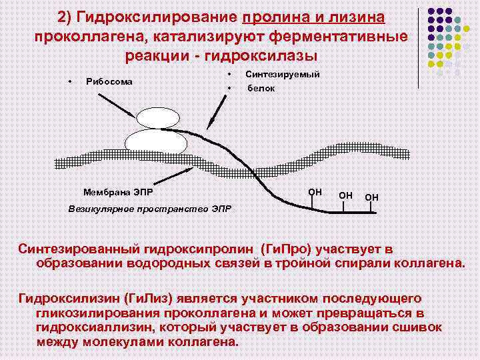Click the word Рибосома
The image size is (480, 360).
[110, 82]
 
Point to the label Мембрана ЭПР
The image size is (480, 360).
[118, 193]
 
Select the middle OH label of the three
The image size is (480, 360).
[346, 195]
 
